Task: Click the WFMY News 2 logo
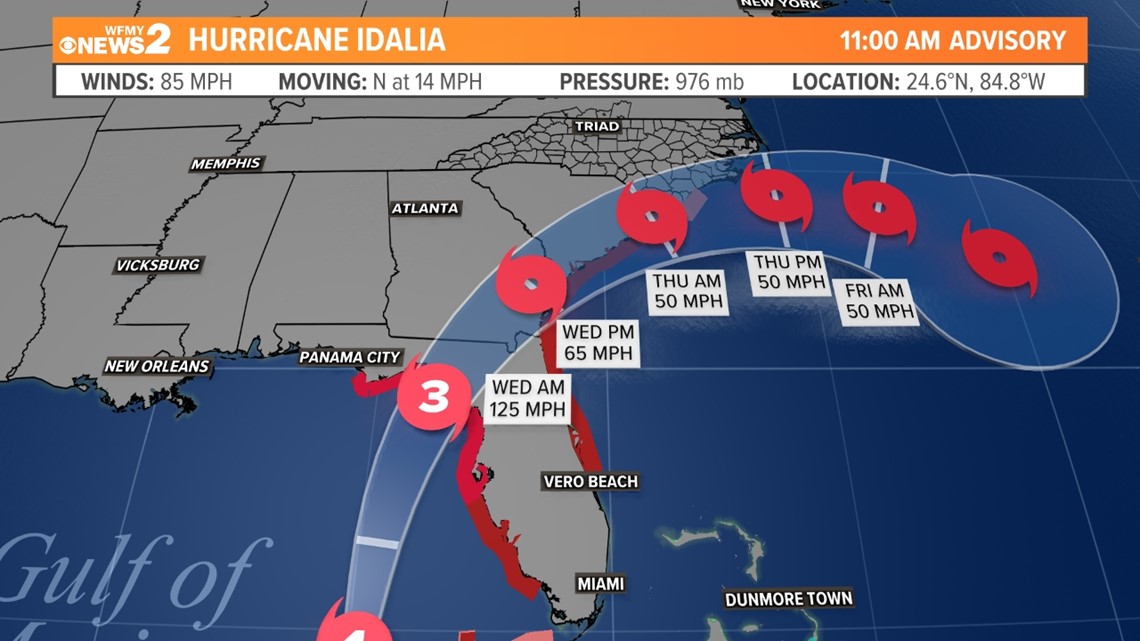coord(114,41)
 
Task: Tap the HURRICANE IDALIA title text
coord(316,41)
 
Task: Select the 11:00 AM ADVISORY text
coord(952,41)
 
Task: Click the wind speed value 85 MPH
coord(196,82)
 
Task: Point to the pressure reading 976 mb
coord(708,82)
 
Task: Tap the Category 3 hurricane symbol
coord(434,397)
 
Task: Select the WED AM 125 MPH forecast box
coord(528,398)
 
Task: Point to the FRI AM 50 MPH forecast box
coord(875,301)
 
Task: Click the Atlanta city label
coord(425,208)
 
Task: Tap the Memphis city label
coord(226,163)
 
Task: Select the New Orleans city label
coord(157,366)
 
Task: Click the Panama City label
coord(349,357)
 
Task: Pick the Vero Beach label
coord(590,482)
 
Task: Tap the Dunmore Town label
coord(789,599)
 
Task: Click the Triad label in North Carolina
coord(597,127)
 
